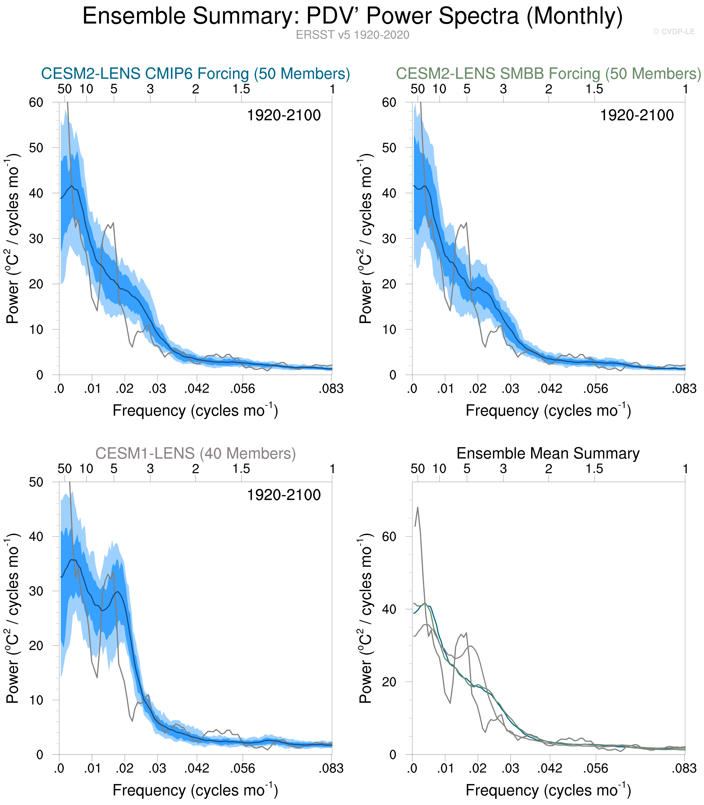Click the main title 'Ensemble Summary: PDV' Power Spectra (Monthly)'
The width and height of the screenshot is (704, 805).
click(352, 16)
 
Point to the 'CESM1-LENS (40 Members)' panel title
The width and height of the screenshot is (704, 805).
click(195, 454)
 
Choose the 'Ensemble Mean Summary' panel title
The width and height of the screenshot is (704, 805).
click(548, 454)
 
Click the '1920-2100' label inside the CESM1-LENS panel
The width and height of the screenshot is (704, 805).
click(284, 495)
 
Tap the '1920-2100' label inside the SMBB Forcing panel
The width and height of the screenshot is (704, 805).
click(636, 115)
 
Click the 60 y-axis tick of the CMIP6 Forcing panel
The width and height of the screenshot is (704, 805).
click(36, 102)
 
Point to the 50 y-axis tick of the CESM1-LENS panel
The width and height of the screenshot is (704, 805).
click(36, 482)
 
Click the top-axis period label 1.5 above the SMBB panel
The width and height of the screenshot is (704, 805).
click(594, 89)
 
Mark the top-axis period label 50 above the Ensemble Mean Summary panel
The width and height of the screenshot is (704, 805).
click(418, 469)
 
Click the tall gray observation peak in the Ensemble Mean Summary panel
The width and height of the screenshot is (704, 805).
click(418, 507)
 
